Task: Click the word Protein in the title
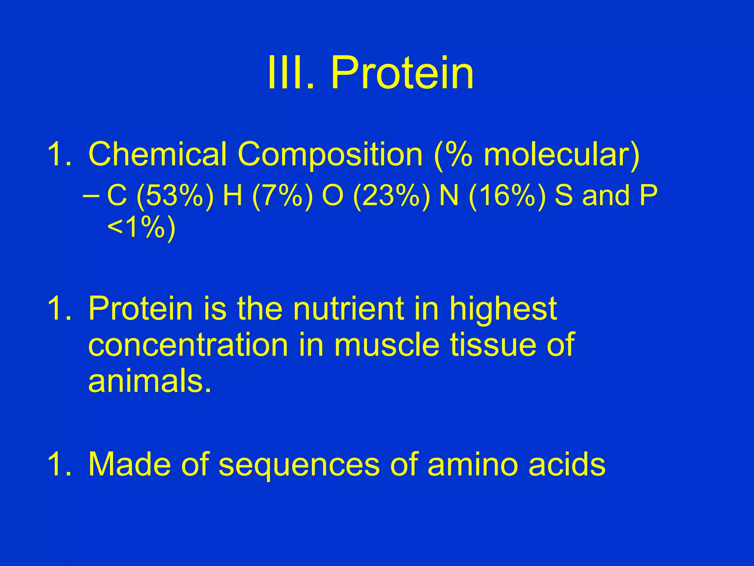pyautogui.click(x=402, y=73)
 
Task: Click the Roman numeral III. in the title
pyautogui.click(x=291, y=73)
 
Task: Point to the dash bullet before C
pyautogui.click(x=91, y=196)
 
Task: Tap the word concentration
pyautogui.click(x=188, y=345)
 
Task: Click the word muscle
pyautogui.click(x=387, y=345)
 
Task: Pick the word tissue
pyautogui.click(x=493, y=345)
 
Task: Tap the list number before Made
pyautogui.click(x=59, y=464)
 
